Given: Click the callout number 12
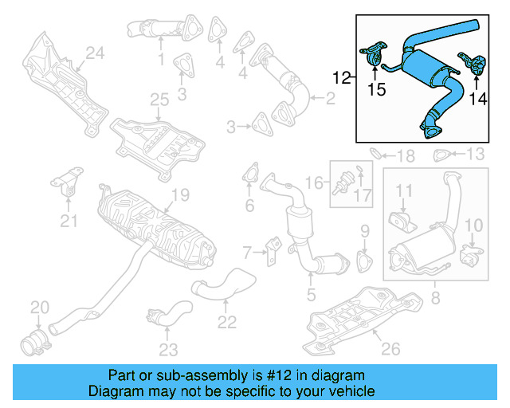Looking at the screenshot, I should coord(341,78).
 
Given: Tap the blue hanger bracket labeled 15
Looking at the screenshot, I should coord(374,54).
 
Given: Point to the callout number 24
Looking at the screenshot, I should coord(95,54).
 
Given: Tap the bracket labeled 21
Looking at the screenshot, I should coord(70,186).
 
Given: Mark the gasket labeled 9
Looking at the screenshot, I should coord(365,261).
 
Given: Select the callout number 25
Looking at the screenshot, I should coord(159,100).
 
